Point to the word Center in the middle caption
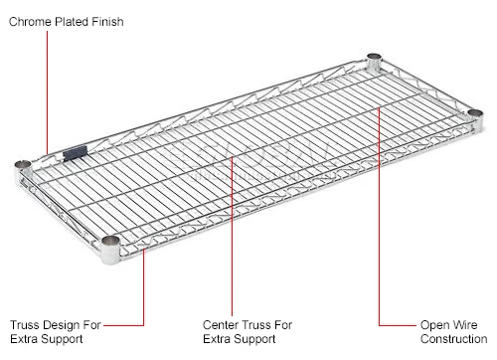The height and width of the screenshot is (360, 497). point(222,324)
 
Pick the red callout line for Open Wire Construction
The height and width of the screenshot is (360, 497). point(380,229)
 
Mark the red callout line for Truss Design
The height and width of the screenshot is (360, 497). point(144,288)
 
